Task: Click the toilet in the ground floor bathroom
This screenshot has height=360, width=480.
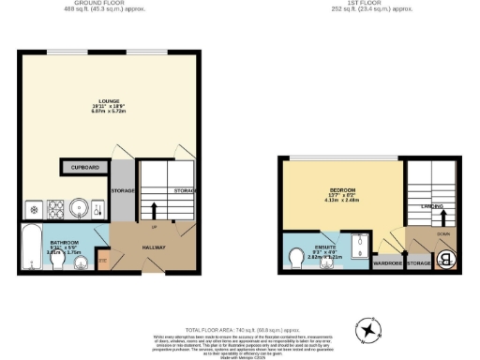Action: [57, 264]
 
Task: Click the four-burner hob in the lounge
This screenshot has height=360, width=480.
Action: [52, 207]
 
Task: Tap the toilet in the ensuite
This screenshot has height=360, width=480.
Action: [296, 255]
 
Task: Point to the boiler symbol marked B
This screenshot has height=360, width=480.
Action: [446, 260]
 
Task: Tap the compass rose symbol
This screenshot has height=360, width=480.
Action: [369, 331]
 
